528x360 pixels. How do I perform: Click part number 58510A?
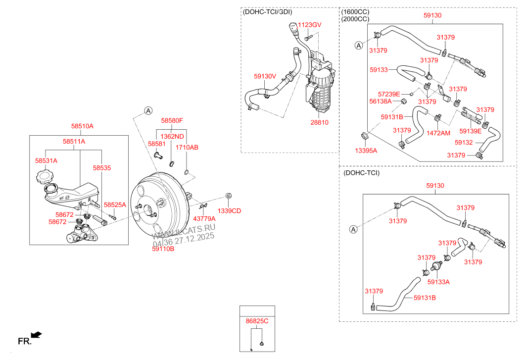click(x=81, y=126)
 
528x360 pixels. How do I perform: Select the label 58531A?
click(x=46, y=161)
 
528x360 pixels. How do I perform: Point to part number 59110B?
click(x=163, y=249)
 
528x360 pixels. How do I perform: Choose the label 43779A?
click(x=204, y=218)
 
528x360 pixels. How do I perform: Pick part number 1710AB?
click(x=187, y=148)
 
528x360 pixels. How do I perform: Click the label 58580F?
click(x=172, y=120)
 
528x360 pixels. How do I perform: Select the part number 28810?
click(x=319, y=122)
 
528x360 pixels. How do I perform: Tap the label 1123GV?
click(x=310, y=25)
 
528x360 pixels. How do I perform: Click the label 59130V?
click(x=265, y=76)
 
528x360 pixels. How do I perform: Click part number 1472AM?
click(x=438, y=133)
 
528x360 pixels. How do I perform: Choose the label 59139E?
click(x=471, y=131)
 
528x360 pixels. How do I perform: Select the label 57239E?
click(x=389, y=94)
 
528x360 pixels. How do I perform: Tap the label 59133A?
click(x=438, y=282)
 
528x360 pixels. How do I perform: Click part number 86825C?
click(x=257, y=321)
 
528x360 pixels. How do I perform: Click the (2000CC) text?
click(x=355, y=19)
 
